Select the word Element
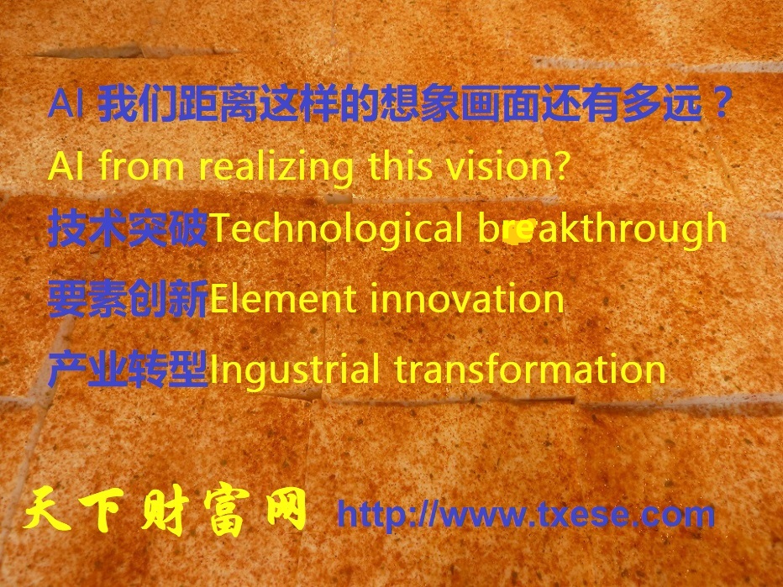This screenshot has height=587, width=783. (282, 300)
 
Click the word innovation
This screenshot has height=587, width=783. (467, 300)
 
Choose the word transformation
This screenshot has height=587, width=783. (530, 370)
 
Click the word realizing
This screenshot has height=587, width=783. (276, 167)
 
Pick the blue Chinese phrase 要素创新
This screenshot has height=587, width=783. (128, 299)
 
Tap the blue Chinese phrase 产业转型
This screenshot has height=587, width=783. (128, 369)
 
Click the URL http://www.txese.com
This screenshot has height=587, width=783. (526, 514)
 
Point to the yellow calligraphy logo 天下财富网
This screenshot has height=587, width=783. (165, 510)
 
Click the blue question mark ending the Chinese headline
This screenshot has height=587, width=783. (721, 102)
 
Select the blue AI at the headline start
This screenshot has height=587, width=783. (66, 103)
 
